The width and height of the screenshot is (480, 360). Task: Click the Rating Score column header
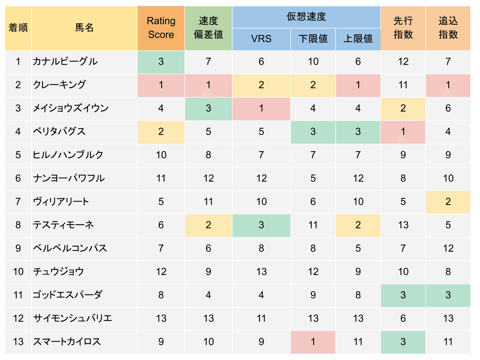161,27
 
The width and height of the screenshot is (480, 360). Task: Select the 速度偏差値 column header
208,27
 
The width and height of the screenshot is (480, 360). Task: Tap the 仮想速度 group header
306,17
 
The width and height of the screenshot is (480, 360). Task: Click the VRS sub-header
261,39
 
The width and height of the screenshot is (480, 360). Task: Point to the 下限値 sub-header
313,39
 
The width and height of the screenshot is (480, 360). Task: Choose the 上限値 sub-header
358,39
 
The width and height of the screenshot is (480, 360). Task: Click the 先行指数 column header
403,27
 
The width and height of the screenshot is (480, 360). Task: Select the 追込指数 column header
448,27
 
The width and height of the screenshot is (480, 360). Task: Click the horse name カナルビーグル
65,62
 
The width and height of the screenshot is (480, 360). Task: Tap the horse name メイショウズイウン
71,108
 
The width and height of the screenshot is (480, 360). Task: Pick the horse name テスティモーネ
63,225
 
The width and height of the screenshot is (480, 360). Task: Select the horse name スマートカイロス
67,342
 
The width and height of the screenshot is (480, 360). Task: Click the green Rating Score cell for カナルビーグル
161,62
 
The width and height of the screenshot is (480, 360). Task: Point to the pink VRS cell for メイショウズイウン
261,108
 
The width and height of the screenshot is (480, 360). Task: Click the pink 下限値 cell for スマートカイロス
313,342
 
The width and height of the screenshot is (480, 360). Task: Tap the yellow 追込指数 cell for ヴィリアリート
448,202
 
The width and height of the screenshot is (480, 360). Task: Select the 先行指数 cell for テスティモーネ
403,225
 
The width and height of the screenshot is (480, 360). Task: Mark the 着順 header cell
18,27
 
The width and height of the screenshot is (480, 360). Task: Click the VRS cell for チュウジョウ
261,272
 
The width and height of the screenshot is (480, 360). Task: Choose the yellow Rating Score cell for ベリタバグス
161,132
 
